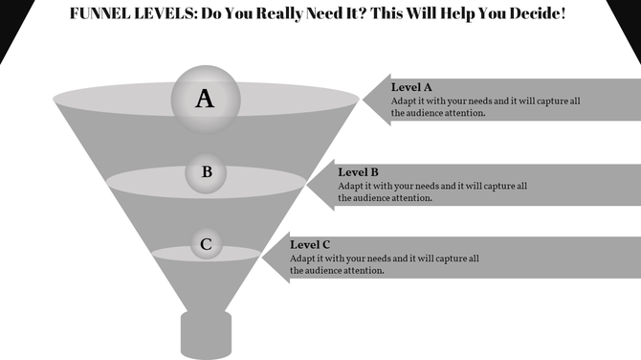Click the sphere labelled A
pyautogui.click(x=205, y=98)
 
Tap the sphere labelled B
pyautogui.click(x=207, y=173)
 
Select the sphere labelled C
pyautogui.click(x=206, y=245)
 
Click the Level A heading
pyautogui.click(x=411, y=87)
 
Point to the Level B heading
pyautogui.click(x=360, y=172)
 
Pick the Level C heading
pyautogui.click(x=310, y=245)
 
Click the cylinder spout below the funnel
pyautogui.click(x=206, y=335)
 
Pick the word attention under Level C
pyautogui.click(x=362, y=271)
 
